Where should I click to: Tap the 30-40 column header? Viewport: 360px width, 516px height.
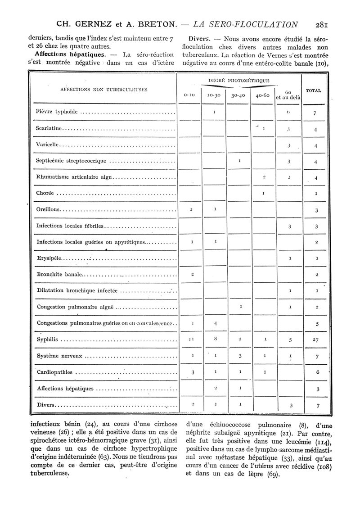[238, 95]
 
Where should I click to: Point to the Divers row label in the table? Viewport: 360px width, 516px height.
[45, 405]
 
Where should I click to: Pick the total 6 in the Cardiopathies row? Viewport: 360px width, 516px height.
[318, 372]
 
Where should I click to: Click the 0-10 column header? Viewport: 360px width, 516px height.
[189, 95]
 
